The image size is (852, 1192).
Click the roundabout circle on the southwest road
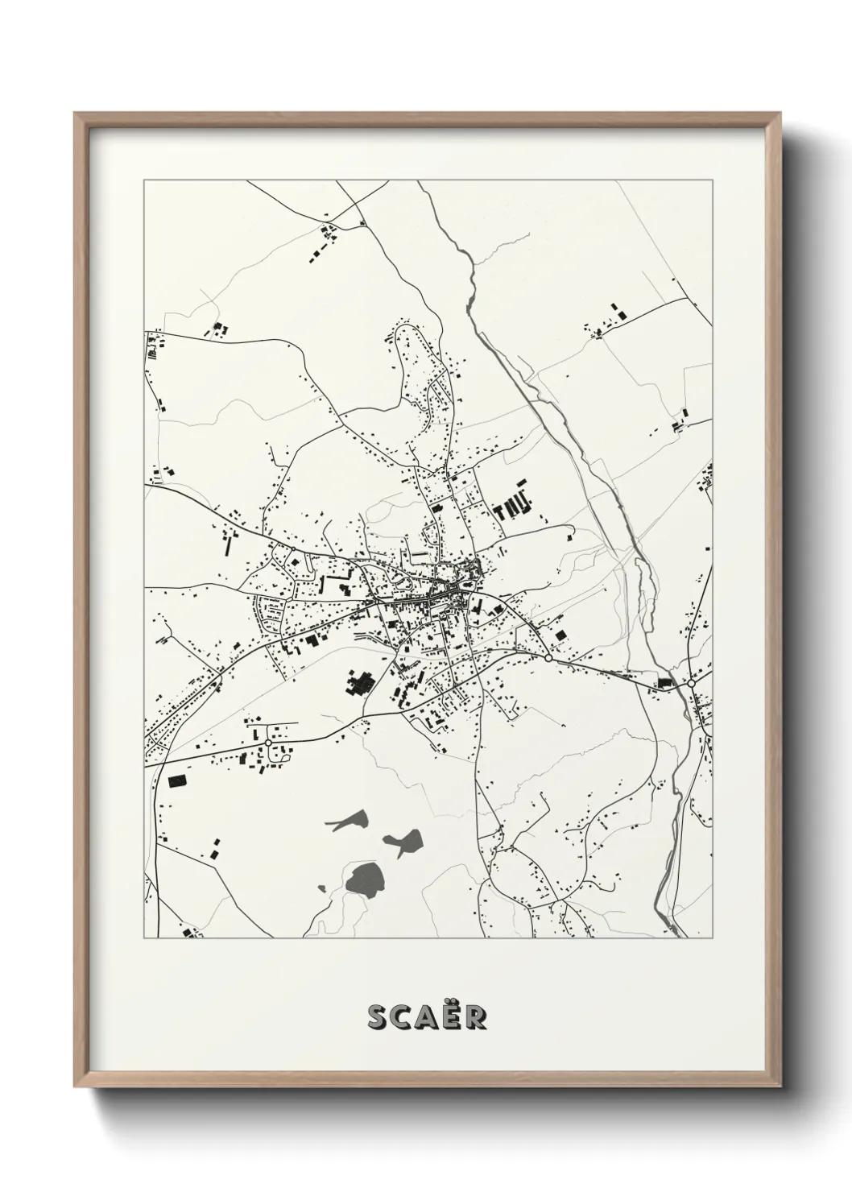point(267,742)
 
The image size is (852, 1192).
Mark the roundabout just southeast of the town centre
point(548,658)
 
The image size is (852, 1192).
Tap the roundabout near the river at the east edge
point(691,683)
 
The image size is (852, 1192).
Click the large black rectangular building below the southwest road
point(176,780)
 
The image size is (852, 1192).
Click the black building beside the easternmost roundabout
point(665,682)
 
